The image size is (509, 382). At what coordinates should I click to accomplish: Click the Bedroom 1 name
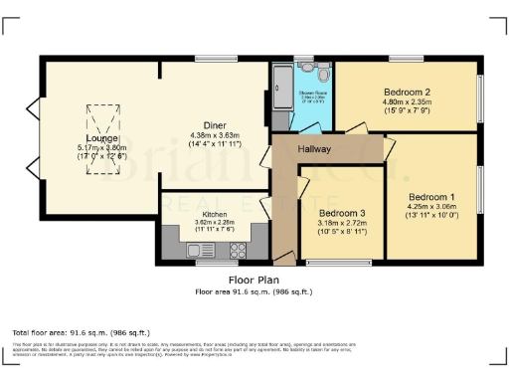(x=428, y=195)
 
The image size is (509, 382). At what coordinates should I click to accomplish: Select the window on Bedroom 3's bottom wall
(x=339, y=264)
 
